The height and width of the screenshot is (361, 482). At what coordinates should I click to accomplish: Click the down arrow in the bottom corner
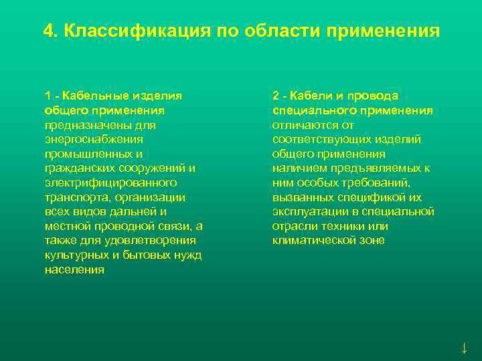coord(464,348)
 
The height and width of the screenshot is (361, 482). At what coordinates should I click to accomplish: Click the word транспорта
coord(78,197)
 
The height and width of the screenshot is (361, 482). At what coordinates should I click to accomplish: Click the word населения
coord(74,270)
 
